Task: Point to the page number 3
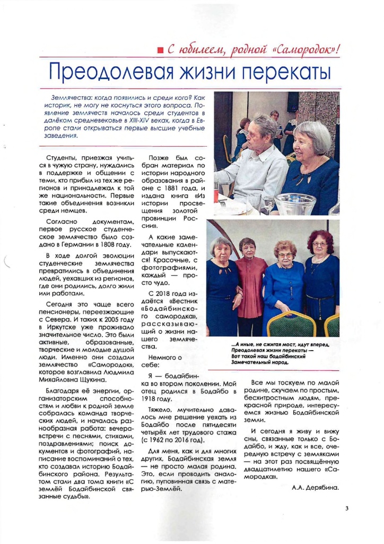point(346,508)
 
